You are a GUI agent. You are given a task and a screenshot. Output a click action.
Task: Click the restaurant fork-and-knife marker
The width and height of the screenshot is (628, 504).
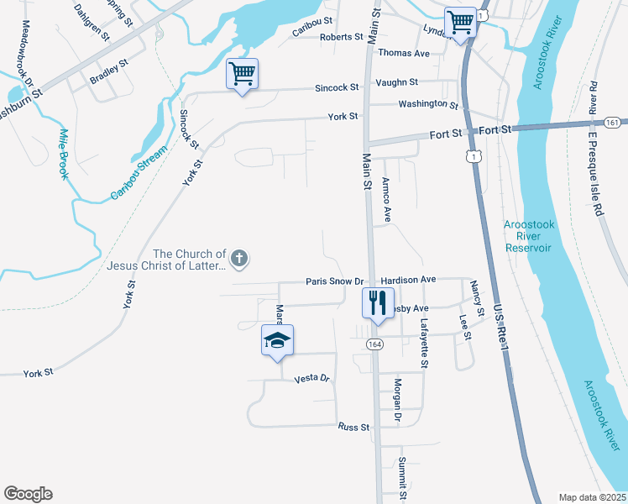click(x=378, y=302)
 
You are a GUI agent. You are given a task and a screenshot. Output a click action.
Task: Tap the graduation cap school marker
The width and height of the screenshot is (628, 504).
click(x=277, y=340)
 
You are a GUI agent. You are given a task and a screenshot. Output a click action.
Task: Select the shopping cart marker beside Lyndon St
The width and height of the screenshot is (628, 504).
click(x=460, y=22)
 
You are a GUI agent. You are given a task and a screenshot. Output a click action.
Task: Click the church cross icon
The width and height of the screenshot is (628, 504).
click(x=239, y=258)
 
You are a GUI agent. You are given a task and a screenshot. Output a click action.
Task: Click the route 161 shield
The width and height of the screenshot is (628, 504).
click(x=612, y=123)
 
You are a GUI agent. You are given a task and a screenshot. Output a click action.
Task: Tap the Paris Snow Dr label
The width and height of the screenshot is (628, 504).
click(x=334, y=282)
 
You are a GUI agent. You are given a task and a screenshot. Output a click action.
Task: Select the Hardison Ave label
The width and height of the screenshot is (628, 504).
click(x=408, y=279)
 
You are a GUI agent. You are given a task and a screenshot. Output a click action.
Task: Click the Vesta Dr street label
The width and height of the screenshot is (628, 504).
click(x=311, y=379)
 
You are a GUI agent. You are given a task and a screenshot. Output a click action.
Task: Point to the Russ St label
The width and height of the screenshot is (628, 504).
click(x=353, y=428)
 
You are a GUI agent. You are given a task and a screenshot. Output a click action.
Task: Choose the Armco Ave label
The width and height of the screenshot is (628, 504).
click(x=386, y=200)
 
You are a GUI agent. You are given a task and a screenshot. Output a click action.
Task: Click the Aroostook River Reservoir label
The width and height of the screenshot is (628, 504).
click(x=528, y=236)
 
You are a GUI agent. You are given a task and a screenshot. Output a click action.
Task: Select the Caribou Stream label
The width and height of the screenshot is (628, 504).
click(x=139, y=173)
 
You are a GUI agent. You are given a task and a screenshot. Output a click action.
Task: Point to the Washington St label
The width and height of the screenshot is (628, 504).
click(x=428, y=106)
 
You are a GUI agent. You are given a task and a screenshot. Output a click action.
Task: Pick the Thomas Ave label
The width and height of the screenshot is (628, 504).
click(x=404, y=53)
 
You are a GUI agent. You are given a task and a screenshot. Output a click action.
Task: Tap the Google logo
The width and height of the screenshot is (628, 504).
click(x=28, y=494)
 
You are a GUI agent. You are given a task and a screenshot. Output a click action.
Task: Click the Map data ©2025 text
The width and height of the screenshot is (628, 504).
click(x=593, y=496)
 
